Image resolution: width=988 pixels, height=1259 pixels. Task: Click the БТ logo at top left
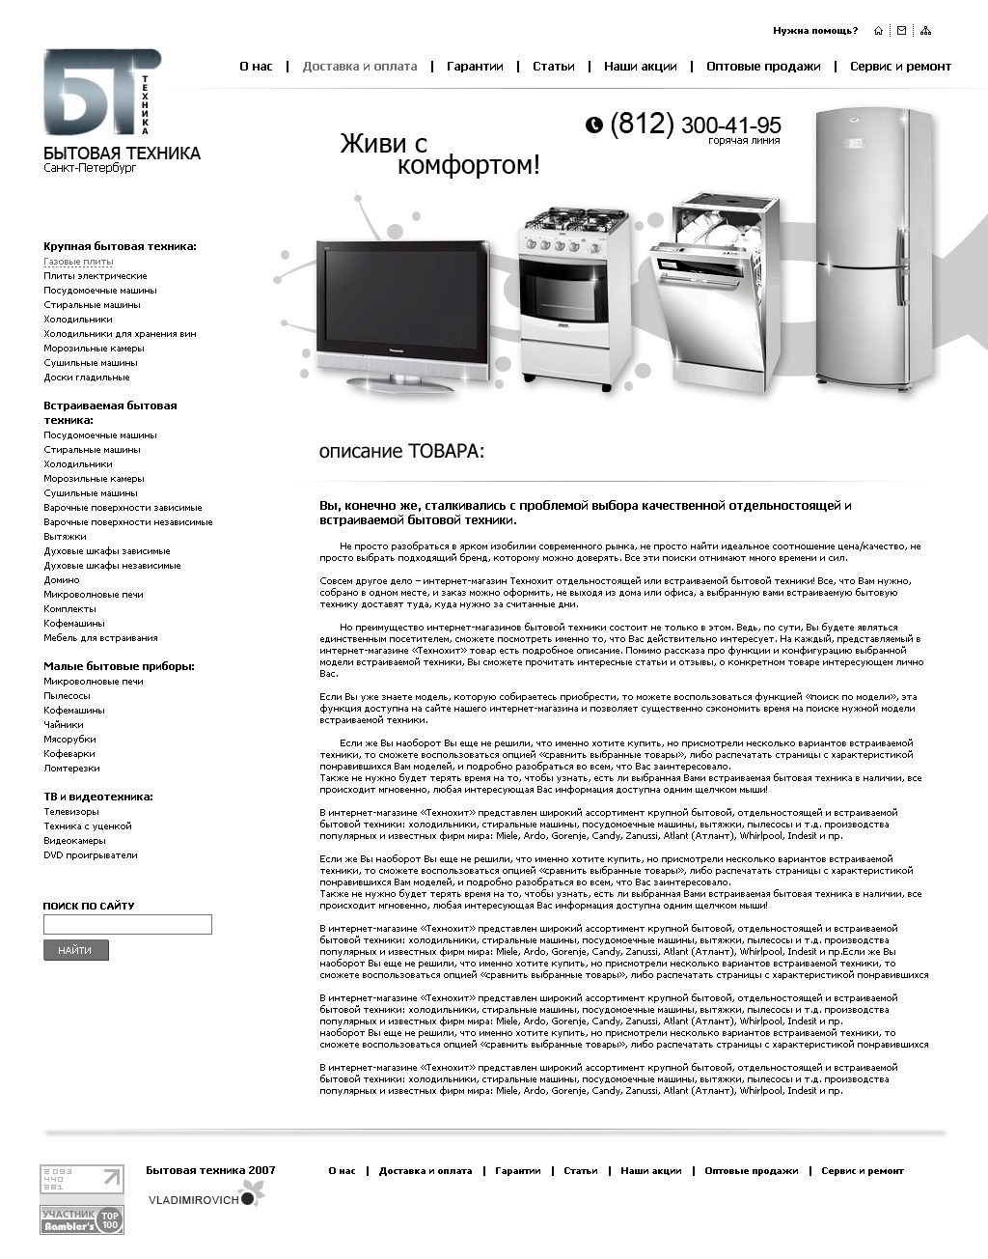click(101, 92)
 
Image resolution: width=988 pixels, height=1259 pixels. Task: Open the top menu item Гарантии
click(475, 67)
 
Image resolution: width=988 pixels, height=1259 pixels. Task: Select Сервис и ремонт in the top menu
click(900, 67)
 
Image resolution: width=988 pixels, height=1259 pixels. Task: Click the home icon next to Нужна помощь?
click(878, 31)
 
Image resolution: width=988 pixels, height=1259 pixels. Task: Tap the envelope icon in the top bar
click(901, 31)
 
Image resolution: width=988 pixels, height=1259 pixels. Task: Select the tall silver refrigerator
click(872, 251)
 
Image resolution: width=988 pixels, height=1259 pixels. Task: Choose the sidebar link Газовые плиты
click(78, 262)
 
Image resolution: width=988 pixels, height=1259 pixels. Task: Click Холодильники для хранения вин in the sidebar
click(120, 334)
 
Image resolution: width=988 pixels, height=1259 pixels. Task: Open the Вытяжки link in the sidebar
click(65, 537)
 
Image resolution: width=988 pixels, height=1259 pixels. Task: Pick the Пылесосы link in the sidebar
click(67, 696)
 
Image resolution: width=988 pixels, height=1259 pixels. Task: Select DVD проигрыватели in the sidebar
click(91, 855)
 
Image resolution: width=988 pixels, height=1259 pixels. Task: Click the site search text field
click(127, 925)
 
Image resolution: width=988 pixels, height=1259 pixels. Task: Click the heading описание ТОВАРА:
click(401, 452)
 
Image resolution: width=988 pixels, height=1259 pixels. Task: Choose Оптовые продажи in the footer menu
click(751, 1171)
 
